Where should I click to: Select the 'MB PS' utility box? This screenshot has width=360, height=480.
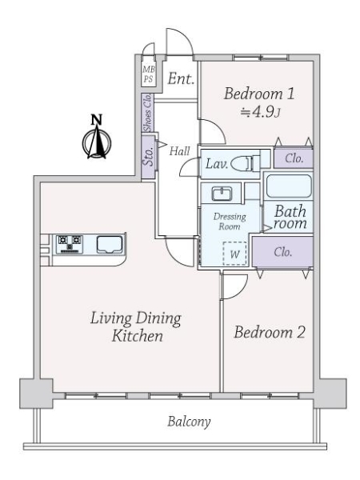pos(148,76)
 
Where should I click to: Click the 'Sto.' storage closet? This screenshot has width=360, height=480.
pos(148,156)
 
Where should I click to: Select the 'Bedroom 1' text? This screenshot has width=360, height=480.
pos(259,94)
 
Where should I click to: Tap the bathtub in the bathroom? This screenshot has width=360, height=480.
pos(290,187)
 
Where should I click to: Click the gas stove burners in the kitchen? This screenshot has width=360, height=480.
pos(70,242)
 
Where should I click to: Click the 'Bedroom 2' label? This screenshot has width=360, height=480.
pos(270,332)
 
